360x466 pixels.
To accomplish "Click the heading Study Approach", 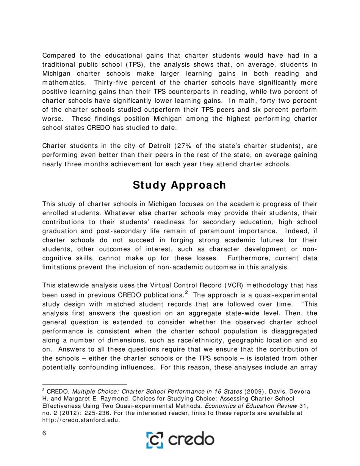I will tap(180, 185).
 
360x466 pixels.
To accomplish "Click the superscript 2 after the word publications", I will tap(186, 292).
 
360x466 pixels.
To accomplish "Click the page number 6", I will tap(44, 434).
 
